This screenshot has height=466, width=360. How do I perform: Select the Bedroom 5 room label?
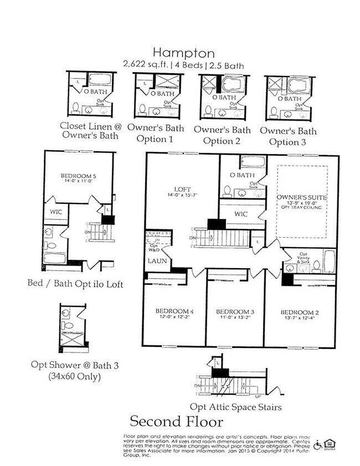click(77, 177)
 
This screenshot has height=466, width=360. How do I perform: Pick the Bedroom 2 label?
click(299, 312)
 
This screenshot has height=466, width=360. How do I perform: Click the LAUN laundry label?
click(153, 260)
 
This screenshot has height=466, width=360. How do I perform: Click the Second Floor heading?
click(176, 422)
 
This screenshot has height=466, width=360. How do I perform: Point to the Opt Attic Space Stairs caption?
click(235, 407)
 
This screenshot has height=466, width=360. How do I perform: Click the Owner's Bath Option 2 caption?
click(222, 135)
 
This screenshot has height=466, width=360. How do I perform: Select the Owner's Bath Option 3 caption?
click(288, 136)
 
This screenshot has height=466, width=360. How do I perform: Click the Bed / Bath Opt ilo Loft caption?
click(75, 284)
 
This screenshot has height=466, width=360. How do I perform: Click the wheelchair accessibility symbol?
click(318, 445)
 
